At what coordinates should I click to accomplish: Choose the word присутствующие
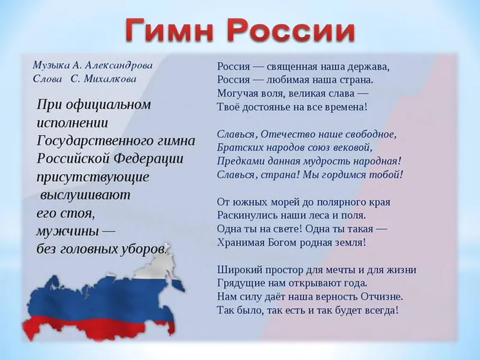[x=92, y=176]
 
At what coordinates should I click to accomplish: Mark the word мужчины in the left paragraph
[x=64, y=230]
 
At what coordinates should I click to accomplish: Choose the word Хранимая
[x=241, y=242]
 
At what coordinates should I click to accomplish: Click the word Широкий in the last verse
[x=239, y=269]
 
